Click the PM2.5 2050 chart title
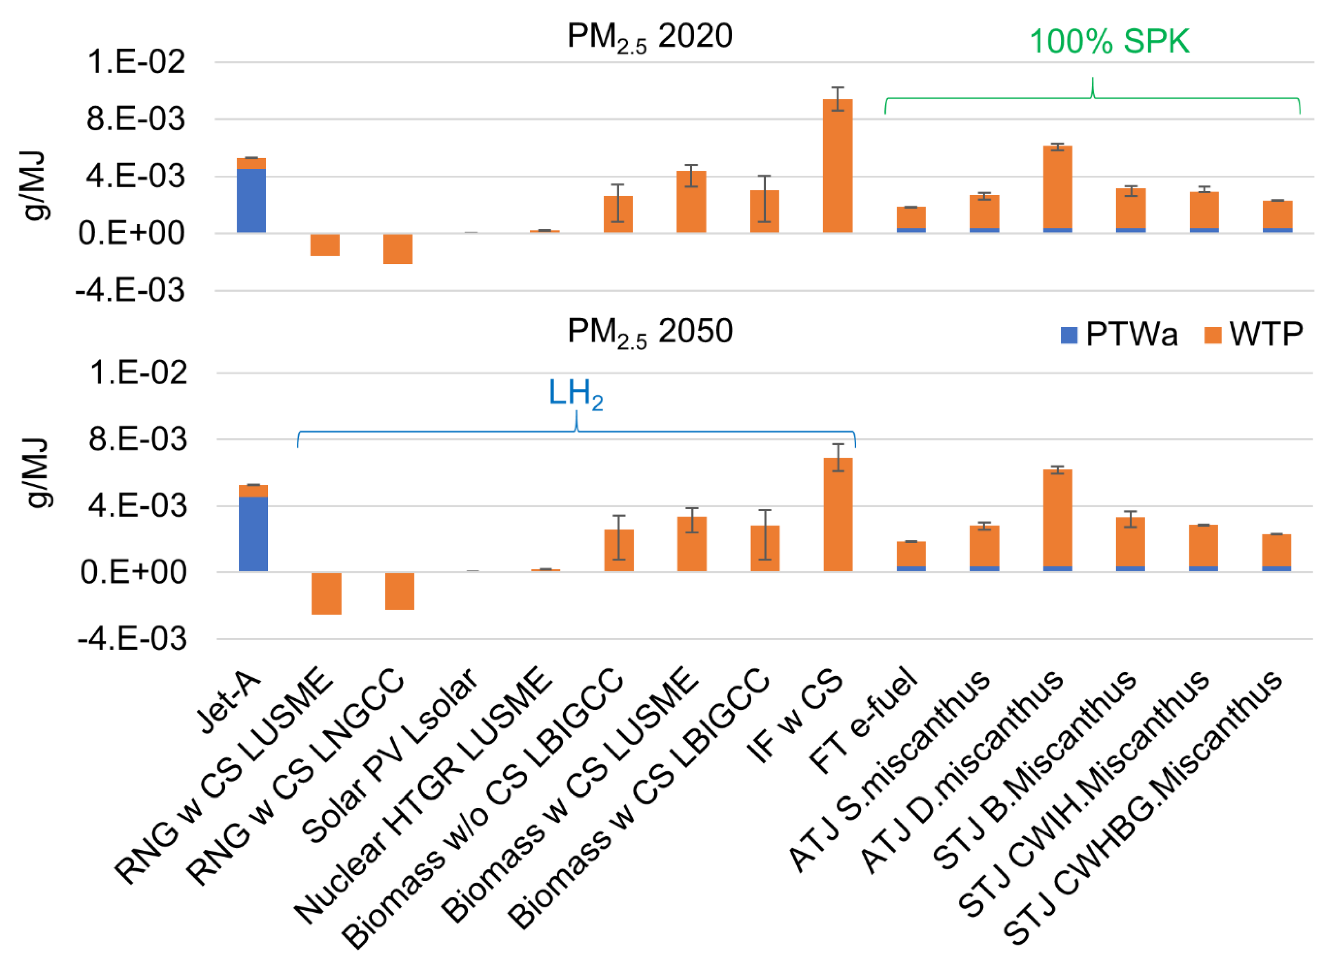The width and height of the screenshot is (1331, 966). tap(649, 332)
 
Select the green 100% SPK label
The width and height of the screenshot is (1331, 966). tap(1109, 42)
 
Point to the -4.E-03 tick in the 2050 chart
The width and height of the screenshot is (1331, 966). tap(133, 639)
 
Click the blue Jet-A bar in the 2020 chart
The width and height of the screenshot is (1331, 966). tap(251, 201)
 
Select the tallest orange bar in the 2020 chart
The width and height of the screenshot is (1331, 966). tap(837, 166)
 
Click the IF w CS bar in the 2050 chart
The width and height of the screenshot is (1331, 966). tap(837, 514)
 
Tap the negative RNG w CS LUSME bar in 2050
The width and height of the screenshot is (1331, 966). tap(326, 593)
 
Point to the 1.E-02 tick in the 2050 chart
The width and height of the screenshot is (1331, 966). tap(138, 373)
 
